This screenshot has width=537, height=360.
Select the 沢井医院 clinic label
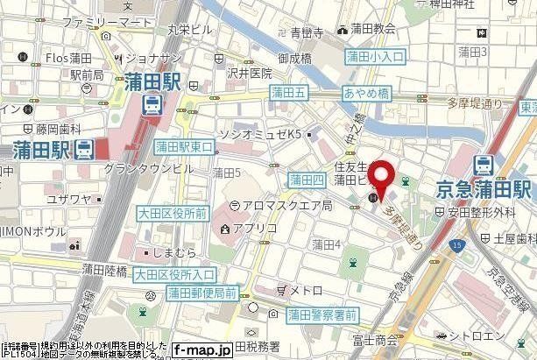tap(249, 77)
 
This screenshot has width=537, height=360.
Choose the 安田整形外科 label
tap(477, 211)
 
